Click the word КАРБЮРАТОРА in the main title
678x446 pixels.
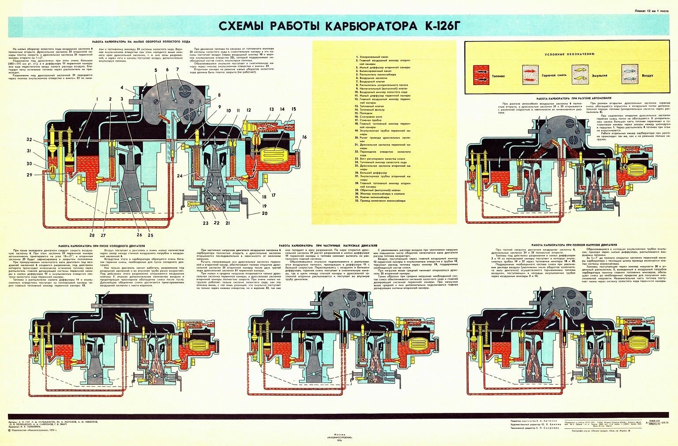pyautogui.click(x=369, y=26)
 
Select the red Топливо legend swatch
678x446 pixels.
pyautogui.click(x=481, y=75)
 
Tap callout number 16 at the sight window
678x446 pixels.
pyautogui.click(x=304, y=137)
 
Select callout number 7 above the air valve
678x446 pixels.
pyautogui.click(x=177, y=69)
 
